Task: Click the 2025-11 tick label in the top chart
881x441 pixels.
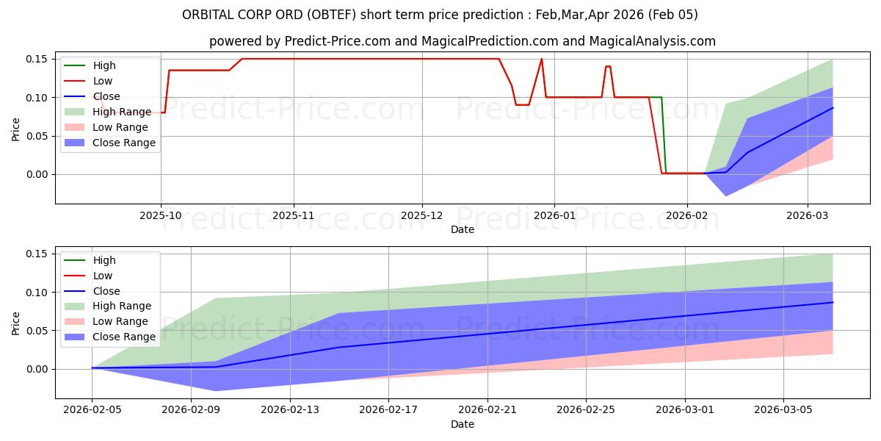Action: [294, 216]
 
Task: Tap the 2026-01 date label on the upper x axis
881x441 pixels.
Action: [554, 216]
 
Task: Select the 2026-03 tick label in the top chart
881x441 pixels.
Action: [807, 216]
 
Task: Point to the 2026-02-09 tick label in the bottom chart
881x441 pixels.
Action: [191, 410]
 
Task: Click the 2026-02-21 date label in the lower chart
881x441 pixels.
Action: [487, 410]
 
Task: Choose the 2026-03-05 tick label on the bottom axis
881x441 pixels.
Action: [783, 410]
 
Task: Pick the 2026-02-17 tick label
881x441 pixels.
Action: [388, 410]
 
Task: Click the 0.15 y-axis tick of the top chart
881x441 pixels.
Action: [37, 59]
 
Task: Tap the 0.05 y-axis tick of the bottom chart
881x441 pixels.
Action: [37, 331]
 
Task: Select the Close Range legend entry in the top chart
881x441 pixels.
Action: [110, 143]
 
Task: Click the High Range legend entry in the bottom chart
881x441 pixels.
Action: [108, 306]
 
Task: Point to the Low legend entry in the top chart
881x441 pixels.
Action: [89, 81]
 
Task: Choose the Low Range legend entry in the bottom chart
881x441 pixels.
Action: [106, 321]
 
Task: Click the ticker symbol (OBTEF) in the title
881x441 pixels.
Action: [331, 15]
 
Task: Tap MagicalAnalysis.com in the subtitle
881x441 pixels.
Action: [652, 41]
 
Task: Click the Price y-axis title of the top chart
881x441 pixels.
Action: [15, 129]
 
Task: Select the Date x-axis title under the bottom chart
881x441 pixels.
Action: [462, 424]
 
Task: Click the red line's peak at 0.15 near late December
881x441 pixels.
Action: [542, 59]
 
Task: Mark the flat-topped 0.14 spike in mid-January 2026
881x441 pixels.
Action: [608, 66]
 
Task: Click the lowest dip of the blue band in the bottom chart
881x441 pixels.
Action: [216, 390]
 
